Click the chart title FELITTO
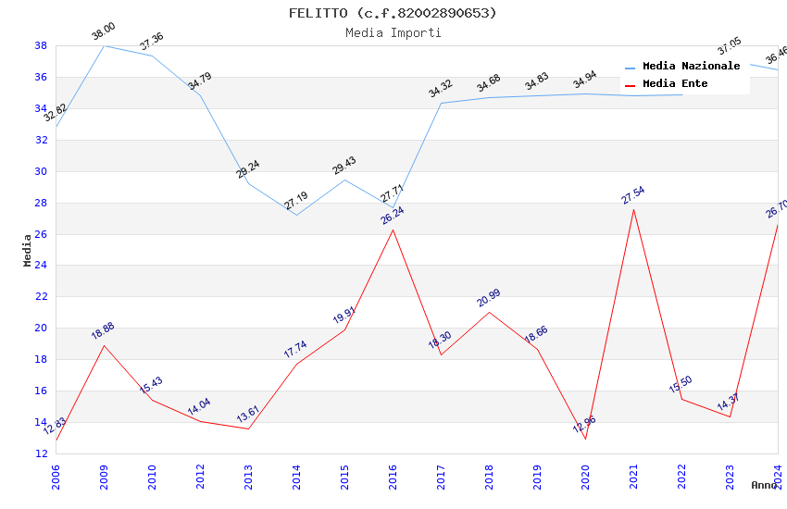pos(393,13)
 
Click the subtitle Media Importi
pos(393,32)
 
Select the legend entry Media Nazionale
pos(691,67)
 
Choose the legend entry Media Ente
pos(675,84)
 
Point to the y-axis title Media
pos(28,250)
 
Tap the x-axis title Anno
pos(765,485)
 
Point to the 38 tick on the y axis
pos(42,45)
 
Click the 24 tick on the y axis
pos(42,266)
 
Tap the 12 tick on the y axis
pos(42,453)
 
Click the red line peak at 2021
pos(633,209)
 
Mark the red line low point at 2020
pos(585,439)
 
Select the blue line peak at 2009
pos(104,45)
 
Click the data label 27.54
pos(633,194)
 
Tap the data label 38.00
pos(104,31)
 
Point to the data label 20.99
pos(489,297)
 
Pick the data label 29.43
pos(344,166)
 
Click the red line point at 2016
pos(393,230)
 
